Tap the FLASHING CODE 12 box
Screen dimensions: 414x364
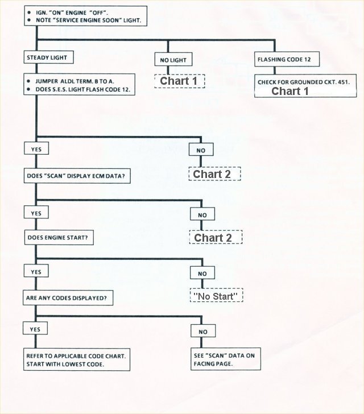[284, 59]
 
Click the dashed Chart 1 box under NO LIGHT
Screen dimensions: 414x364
[179, 81]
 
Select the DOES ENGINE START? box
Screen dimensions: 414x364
[59, 237]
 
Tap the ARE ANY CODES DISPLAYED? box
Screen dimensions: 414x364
[67, 297]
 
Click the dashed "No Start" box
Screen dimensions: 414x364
[217, 296]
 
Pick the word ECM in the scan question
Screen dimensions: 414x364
[101, 176]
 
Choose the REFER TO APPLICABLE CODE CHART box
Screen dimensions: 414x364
[77, 359]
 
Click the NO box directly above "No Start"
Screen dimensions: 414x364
[202, 274]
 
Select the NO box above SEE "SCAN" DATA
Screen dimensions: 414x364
[203, 332]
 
